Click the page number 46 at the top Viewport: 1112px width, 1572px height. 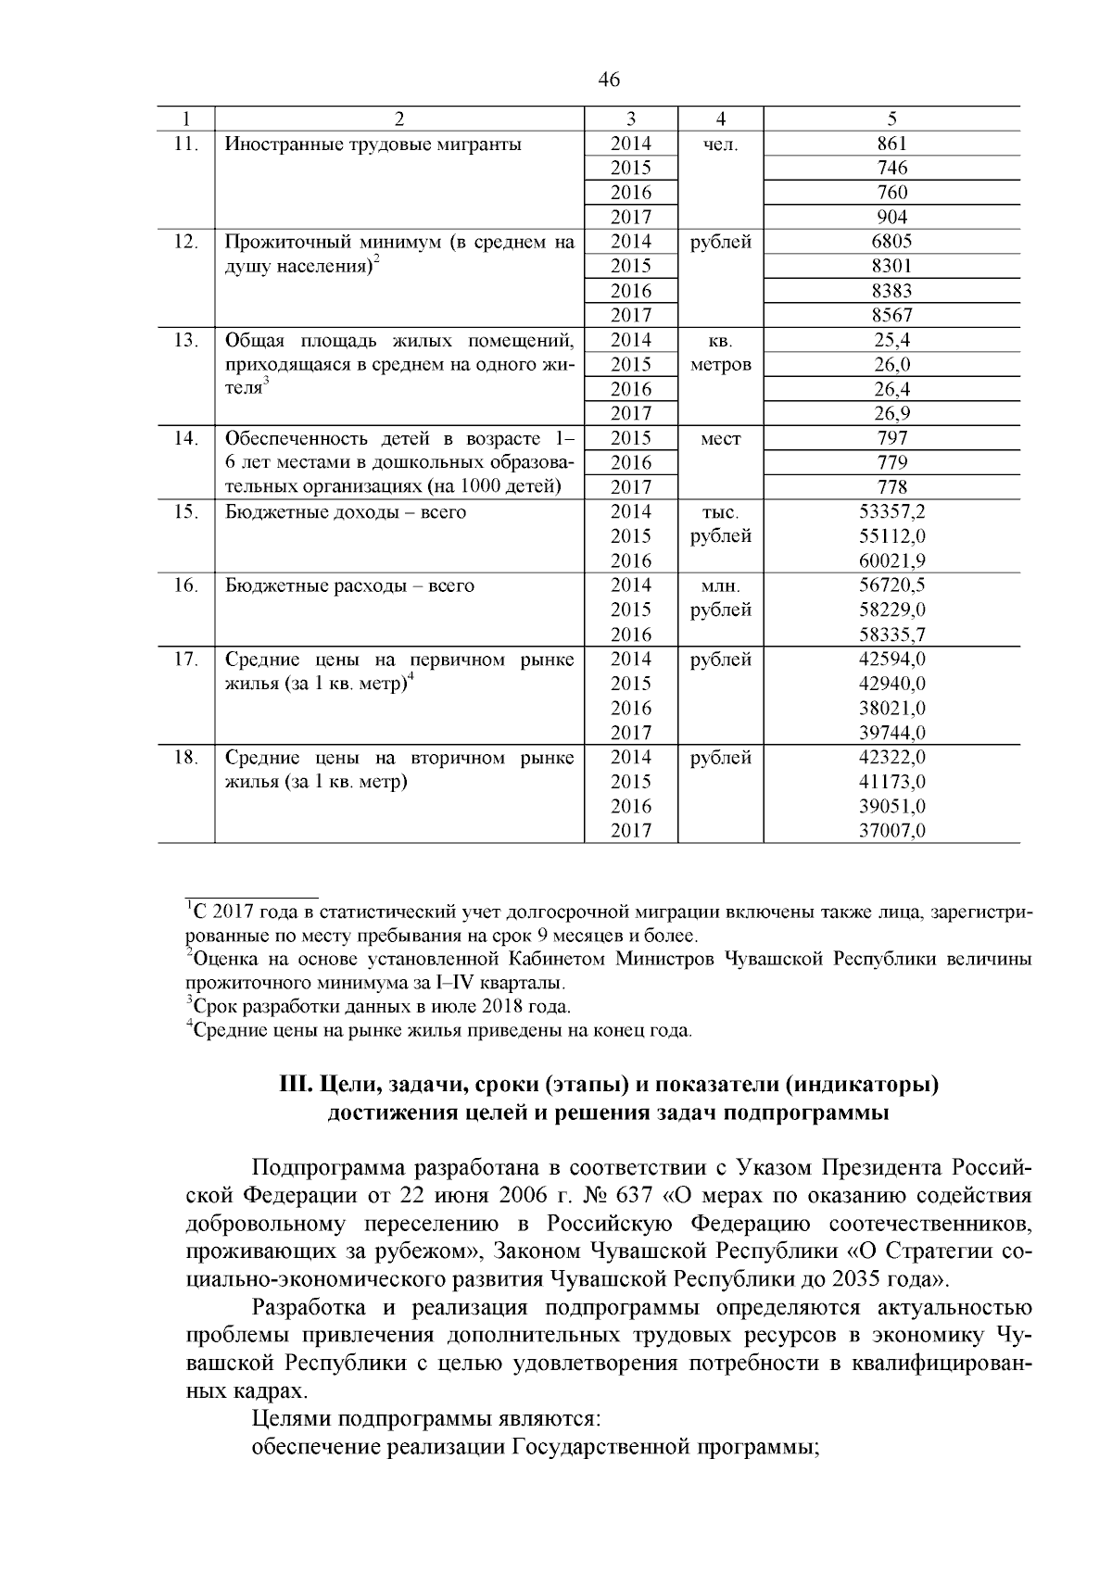pyautogui.click(x=609, y=80)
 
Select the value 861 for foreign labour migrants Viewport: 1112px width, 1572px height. pyautogui.click(x=891, y=144)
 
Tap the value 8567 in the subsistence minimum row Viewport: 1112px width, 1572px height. pyautogui.click(x=891, y=315)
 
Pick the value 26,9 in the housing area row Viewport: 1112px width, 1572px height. pyautogui.click(x=891, y=413)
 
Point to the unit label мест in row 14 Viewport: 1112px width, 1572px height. pyautogui.click(x=720, y=438)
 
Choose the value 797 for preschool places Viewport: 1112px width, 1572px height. pyautogui.click(x=891, y=438)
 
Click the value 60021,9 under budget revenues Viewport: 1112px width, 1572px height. pyautogui.click(x=891, y=560)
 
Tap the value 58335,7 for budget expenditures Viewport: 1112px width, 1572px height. pyautogui.click(x=891, y=635)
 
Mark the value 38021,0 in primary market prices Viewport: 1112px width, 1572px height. pyautogui.click(x=891, y=709)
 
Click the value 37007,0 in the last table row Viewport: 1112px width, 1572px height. pyautogui.click(x=891, y=831)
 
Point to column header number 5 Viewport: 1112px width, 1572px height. pyautogui.click(x=891, y=119)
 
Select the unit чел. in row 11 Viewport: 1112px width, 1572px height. pyautogui.click(x=720, y=145)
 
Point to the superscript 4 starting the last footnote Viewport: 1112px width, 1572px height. pyautogui.click(x=189, y=1025)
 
